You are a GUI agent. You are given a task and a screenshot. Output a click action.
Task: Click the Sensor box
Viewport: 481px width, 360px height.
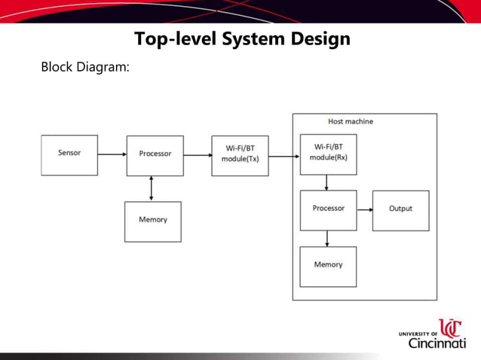pos(69,154)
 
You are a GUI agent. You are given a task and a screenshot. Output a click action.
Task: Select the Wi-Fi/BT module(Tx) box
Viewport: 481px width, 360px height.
pos(240,155)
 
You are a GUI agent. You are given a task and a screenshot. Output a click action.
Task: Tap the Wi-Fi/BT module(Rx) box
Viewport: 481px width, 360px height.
pos(328,154)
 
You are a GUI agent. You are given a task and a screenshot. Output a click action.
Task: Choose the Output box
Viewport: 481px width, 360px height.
pos(400,210)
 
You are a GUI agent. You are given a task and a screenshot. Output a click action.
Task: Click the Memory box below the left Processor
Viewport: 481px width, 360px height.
pos(153,221)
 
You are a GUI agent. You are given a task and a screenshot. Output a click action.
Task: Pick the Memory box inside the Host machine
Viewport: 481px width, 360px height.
pos(328,266)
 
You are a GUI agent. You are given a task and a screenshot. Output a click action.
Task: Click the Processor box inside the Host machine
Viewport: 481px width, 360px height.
pos(328,210)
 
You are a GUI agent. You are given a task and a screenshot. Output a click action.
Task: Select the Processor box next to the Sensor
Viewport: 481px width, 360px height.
pos(155,155)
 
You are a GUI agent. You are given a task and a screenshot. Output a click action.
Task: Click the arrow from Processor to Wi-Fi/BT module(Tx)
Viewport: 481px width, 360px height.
pos(197,155)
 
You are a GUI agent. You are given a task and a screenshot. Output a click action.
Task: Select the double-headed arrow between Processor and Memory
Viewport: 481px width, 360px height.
pos(152,188)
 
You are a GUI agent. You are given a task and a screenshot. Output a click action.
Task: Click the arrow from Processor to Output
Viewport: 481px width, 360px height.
pos(364,210)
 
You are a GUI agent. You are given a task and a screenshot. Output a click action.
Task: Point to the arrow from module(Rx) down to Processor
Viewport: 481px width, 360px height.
pos(326,183)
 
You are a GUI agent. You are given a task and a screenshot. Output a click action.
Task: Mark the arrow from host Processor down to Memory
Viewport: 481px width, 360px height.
pos(326,238)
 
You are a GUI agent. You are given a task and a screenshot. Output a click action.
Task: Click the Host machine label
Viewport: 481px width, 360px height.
pos(350,121)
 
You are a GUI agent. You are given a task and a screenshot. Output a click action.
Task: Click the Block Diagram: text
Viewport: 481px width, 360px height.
pos(85,67)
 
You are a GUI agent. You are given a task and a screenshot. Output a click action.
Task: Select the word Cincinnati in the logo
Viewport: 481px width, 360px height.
pos(437,343)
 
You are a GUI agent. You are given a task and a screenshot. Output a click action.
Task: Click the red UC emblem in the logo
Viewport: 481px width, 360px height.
pos(451,328)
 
